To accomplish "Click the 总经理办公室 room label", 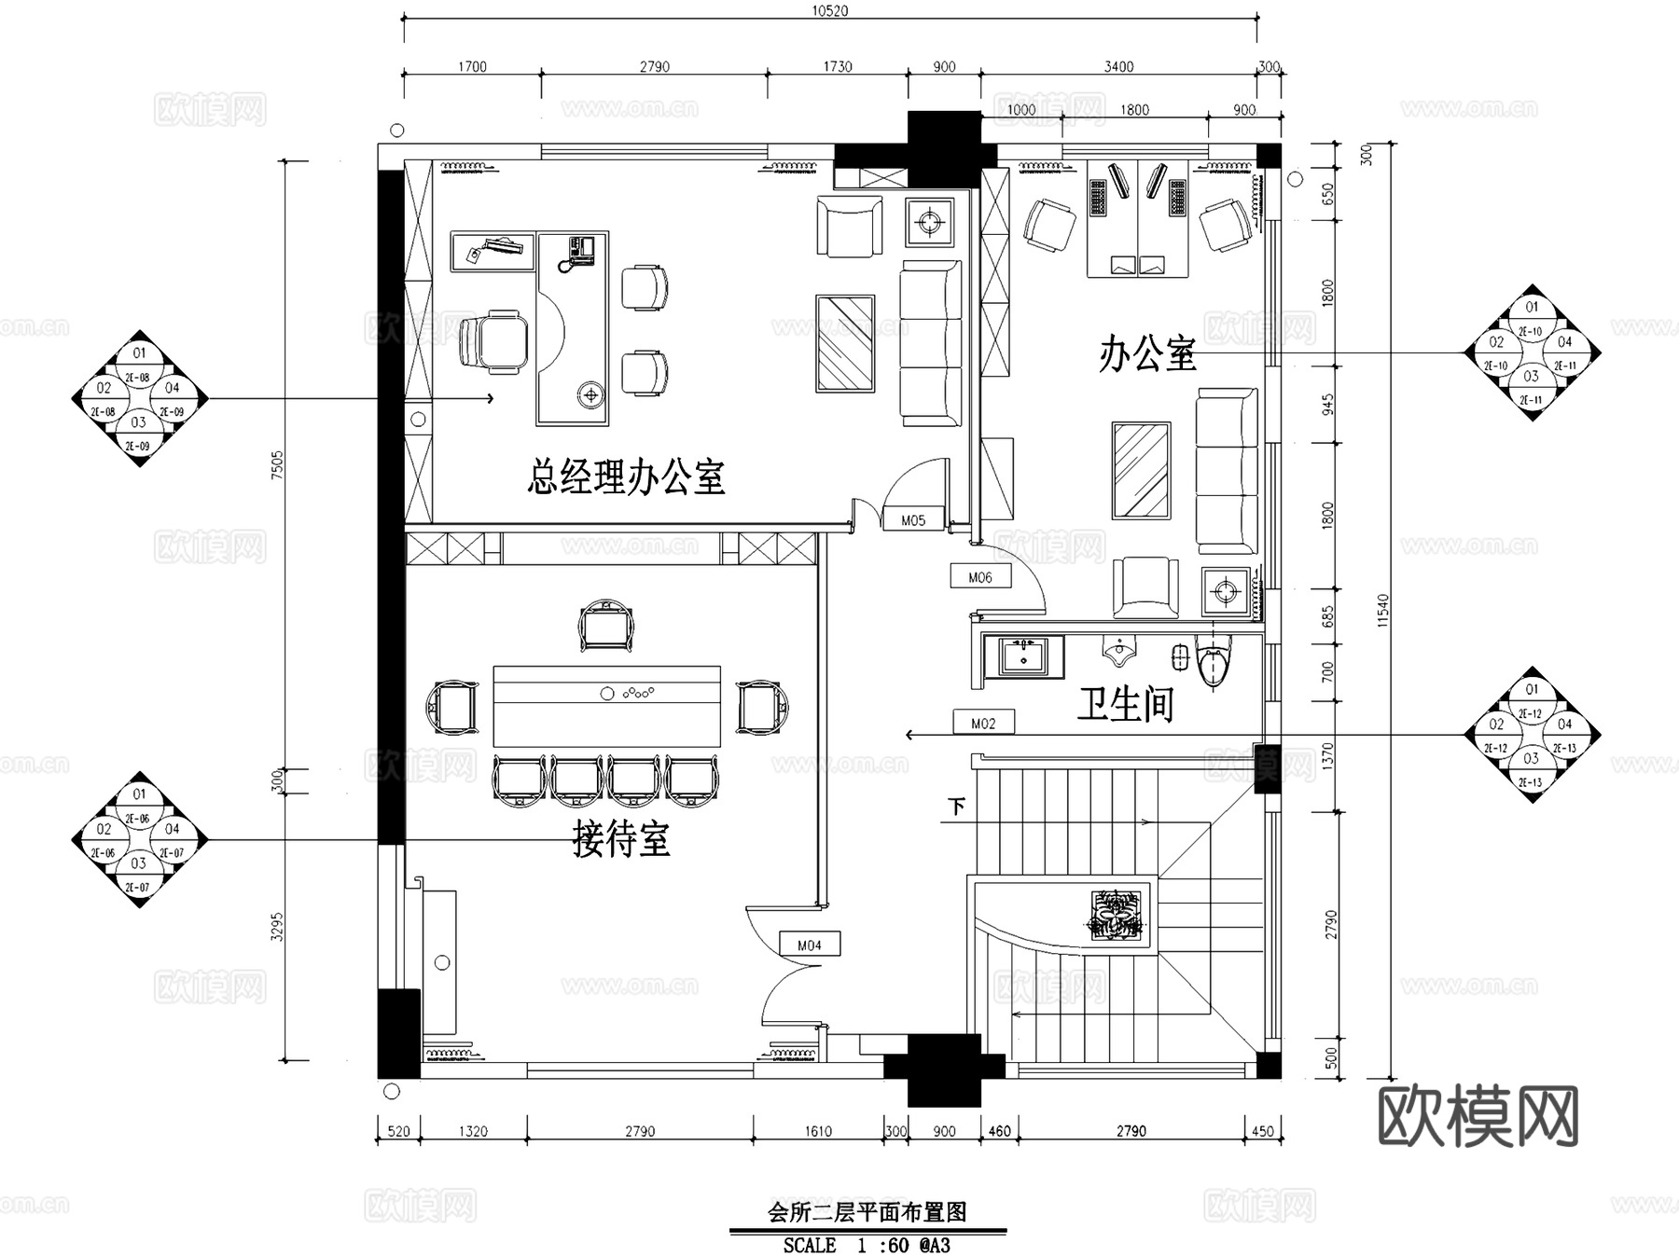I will click(x=626, y=477).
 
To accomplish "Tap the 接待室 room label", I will click(x=620, y=838).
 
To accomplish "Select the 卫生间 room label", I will click(x=1125, y=704).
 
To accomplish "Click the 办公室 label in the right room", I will click(x=1146, y=354).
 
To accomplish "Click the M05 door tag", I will click(x=913, y=520).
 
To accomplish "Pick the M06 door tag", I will click(x=980, y=577).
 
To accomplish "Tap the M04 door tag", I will click(x=810, y=945).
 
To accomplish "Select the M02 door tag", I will click(x=983, y=723).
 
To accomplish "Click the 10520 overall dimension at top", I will click(x=829, y=11).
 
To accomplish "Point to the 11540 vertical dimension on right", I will click(x=1383, y=611).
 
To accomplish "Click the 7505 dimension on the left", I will click(x=276, y=464).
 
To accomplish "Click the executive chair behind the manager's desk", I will click(x=493, y=341).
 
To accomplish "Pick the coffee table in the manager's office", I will click(x=845, y=343).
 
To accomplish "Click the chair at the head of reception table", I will click(x=606, y=626).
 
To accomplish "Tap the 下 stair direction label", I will click(x=956, y=807).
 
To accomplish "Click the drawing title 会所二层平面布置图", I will click(x=867, y=1211).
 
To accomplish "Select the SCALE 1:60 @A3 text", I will click(x=867, y=1245).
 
